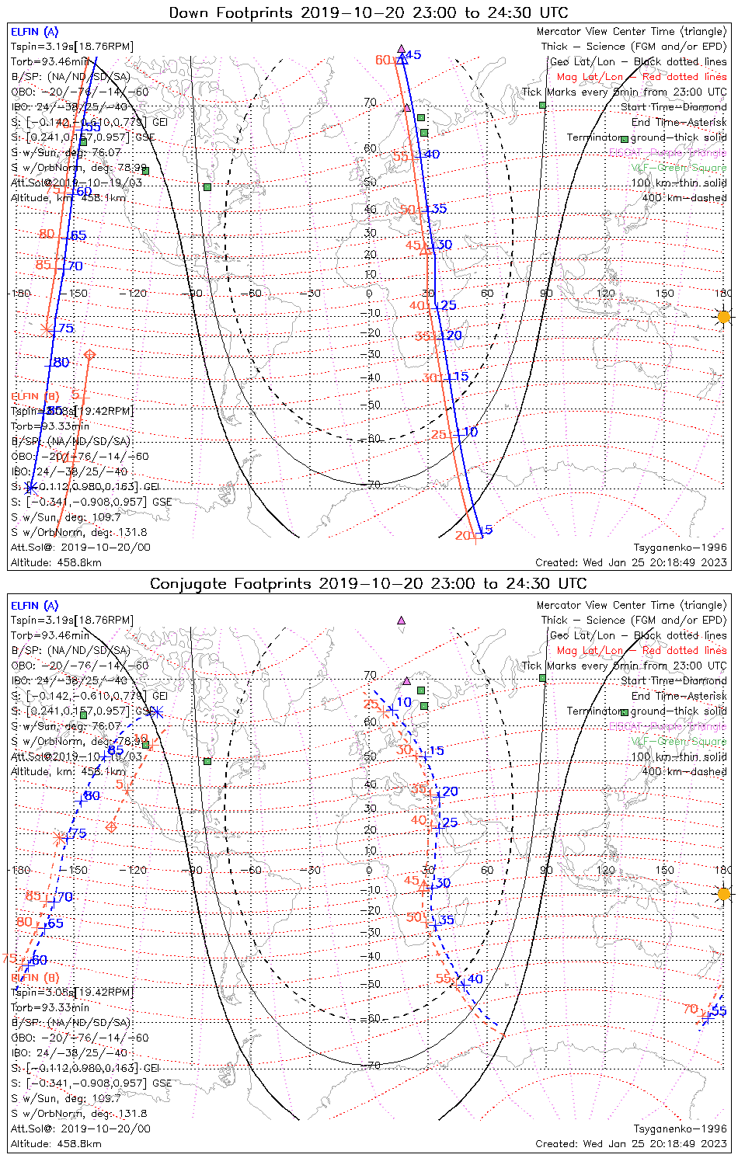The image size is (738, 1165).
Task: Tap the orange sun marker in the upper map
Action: click(x=724, y=317)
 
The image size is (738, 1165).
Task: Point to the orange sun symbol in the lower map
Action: click(x=724, y=894)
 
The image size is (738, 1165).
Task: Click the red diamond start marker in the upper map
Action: click(x=89, y=355)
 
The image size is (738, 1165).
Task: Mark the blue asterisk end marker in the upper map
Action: click(x=30, y=488)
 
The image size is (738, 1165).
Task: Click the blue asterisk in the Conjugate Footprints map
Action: click(x=157, y=711)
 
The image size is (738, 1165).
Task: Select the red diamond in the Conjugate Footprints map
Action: click(x=111, y=826)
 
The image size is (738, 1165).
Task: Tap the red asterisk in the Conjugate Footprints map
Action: click(x=59, y=838)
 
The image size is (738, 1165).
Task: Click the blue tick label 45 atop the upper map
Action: click(x=413, y=55)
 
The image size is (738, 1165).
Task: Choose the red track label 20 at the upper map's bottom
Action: click(x=463, y=536)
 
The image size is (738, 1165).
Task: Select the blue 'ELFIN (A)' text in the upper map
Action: click(x=34, y=32)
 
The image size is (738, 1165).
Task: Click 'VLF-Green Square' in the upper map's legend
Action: click(x=678, y=168)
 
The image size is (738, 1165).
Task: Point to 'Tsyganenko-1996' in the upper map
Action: click(x=680, y=548)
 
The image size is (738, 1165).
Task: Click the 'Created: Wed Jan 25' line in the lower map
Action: click(x=631, y=1144)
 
